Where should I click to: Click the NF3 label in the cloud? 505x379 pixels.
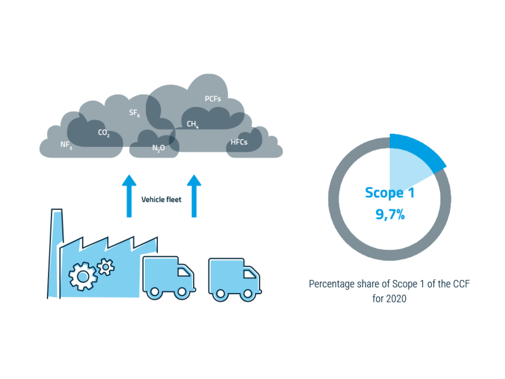66,145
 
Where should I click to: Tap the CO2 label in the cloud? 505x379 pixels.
104,134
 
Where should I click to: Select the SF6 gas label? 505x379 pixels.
134,113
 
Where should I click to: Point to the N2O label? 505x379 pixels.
158,148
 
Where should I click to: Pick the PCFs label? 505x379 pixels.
213,99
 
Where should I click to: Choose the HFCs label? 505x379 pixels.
239,143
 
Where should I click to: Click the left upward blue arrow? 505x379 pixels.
128,195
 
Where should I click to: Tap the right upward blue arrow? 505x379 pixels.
195,195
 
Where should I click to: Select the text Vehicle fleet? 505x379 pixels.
161,200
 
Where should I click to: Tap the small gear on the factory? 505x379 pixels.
106,267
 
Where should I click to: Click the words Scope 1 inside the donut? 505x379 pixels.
390,193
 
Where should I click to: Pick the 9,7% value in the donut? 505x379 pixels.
390,214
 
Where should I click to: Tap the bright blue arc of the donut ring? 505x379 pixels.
421,149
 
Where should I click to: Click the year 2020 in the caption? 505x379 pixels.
389,297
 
